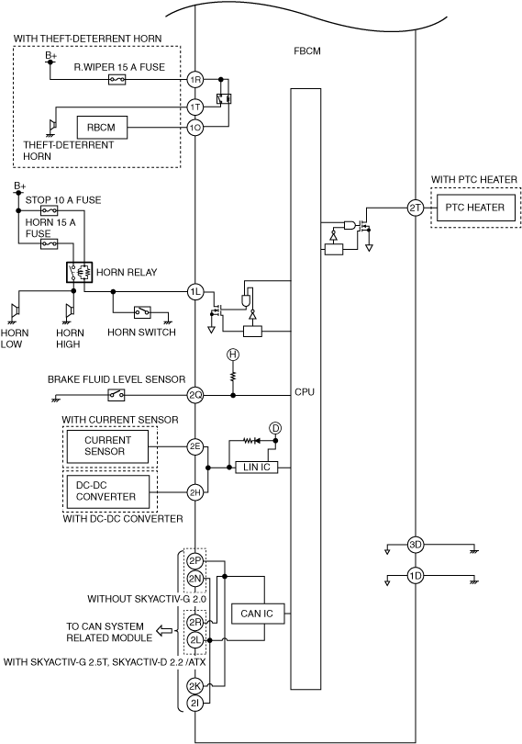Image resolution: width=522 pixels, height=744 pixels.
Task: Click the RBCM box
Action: click(x=102, y=127)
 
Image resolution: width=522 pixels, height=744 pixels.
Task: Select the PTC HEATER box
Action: click(x=475, y=208)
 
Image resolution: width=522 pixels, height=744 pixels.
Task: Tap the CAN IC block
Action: click(x=258, y=614)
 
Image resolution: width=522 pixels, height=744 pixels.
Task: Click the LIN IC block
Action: click(x=257, y=468)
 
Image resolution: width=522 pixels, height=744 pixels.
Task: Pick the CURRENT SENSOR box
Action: click(x=107, y=446)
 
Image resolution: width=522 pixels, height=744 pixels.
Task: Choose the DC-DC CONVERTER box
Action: click(x=107, y=491)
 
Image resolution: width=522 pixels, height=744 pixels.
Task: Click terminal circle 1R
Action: click(x=194, y=79)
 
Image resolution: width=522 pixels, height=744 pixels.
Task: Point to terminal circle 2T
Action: click(x=416, y=208)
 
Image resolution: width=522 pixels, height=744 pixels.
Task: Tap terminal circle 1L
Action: click(x=194, y=292)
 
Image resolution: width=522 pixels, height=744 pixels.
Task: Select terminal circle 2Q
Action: click(x=194, y=395)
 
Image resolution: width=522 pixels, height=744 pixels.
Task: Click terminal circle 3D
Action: click(x=416, y=545)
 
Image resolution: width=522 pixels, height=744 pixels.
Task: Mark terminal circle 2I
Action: click(x=194, y=704)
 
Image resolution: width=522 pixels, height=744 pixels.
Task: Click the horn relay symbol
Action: click(x=79, y=272)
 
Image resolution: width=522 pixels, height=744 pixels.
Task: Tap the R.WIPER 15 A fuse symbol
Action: click(x=117, y=79)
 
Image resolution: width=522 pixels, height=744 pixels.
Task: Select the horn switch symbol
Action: click(x=142, y=312)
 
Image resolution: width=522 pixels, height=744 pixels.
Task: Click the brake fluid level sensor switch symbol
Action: click(x=117, y=395)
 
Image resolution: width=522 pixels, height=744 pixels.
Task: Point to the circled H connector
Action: click(x=233, y=355)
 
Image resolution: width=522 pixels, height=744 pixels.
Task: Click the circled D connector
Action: click(x=275, y=428)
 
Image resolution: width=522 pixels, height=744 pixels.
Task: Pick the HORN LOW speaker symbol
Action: click(x=15, y=310)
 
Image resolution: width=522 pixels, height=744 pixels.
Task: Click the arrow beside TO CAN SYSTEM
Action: click(x=164, y=631)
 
